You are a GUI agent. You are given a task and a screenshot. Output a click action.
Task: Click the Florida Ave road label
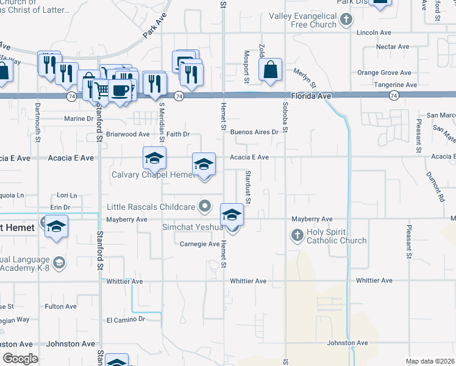point(311,96)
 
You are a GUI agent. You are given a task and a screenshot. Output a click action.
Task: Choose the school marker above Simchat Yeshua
point(232,215)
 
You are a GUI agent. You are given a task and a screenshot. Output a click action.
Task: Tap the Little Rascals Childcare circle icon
point(206,206)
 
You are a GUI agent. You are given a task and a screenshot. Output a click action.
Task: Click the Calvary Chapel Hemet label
point(152,175)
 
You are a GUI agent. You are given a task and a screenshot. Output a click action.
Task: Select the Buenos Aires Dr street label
point(254,132)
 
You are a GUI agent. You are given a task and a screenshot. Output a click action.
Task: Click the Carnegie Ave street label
point(199,244)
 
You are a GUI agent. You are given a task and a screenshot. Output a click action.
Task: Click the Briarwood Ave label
point(127,134)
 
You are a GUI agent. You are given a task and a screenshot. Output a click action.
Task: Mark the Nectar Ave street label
point(393,47)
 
